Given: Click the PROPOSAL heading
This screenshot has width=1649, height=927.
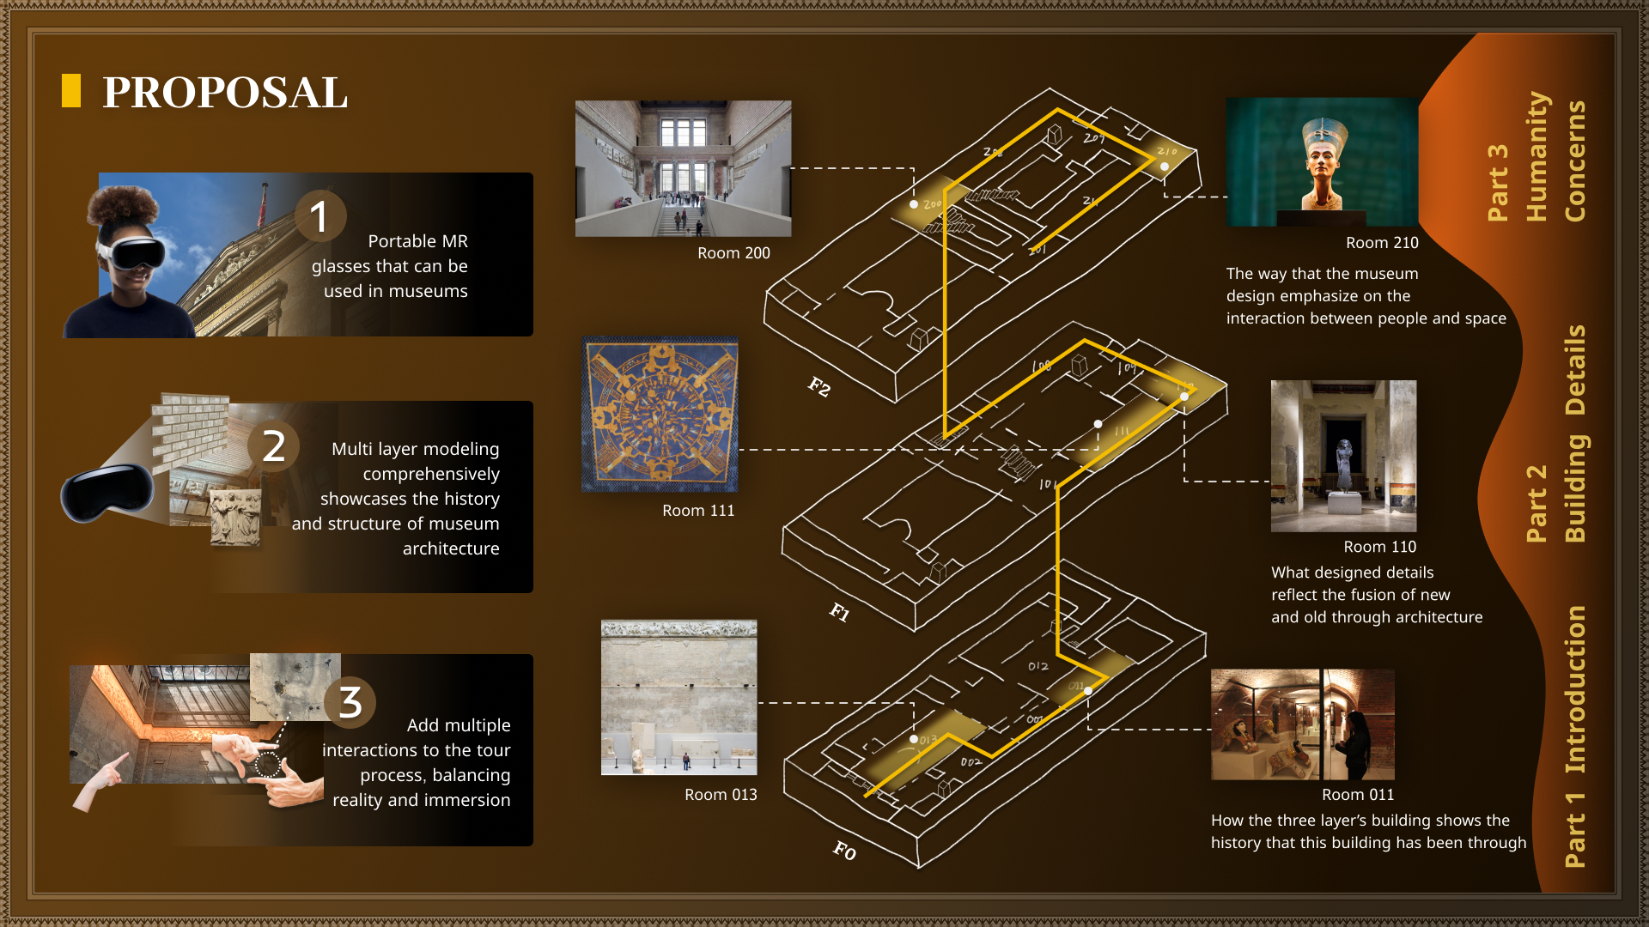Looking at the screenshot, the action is coord(225,93).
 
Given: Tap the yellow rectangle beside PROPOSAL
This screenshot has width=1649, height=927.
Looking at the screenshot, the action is coord(71,91).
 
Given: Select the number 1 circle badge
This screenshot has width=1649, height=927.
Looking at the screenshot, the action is coord(319,215).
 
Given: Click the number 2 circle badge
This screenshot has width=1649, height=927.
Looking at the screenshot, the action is coord(273,446).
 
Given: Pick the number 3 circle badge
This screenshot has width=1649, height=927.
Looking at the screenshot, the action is coord(350,702).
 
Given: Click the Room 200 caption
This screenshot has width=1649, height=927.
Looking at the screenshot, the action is coord(733,253).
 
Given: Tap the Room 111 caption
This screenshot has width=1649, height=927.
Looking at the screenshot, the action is coord(698,511).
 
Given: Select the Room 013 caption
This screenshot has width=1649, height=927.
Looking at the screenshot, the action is coord(721,795).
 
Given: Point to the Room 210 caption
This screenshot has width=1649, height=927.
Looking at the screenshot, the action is coord(1382,243).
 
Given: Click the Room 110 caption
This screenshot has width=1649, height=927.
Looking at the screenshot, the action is coord(1379,547).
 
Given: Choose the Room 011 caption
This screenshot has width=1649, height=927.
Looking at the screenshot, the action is coord(1358,795).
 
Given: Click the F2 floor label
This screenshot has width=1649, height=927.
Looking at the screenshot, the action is coord(819,387).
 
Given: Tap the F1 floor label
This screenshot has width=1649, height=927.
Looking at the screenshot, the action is coord(839,612).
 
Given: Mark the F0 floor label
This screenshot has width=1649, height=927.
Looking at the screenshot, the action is coord(844,851).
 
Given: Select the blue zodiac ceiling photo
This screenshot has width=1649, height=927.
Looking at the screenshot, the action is coord(660,415).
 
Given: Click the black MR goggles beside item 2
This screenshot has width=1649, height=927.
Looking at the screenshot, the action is coord(106,494).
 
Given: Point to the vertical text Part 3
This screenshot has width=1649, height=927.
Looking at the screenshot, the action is coord(1498,182).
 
